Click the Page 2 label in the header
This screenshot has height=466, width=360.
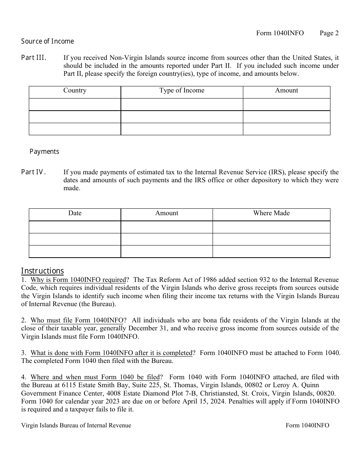click(x=329, y=33)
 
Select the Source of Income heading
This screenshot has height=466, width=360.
click(x=47, y=41)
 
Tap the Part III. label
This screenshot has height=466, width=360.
click(x=34, y=58)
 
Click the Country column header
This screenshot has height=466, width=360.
click(x=75, y=91)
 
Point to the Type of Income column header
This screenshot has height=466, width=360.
click(x=182, y=91)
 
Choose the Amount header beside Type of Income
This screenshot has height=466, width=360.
click(x=286, y=91)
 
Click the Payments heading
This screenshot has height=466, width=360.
click(x=44, y=152)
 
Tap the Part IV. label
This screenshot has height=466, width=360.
click(x=34, y=172)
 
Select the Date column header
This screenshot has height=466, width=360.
click(x=75, y=213)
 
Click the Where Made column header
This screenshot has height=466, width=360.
click(x=271, y=213)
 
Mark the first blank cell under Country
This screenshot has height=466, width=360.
click(x=75, y=105)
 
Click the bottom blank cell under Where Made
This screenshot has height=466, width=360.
click(x=271, y=252)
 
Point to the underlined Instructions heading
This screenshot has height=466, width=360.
click(x=42, y=271)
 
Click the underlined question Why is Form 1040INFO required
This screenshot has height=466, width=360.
click(x=78, y=280)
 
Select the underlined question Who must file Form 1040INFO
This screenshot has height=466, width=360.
click(x=78, y=321)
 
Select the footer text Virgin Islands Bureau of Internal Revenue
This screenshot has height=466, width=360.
click(x=76, y=425)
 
